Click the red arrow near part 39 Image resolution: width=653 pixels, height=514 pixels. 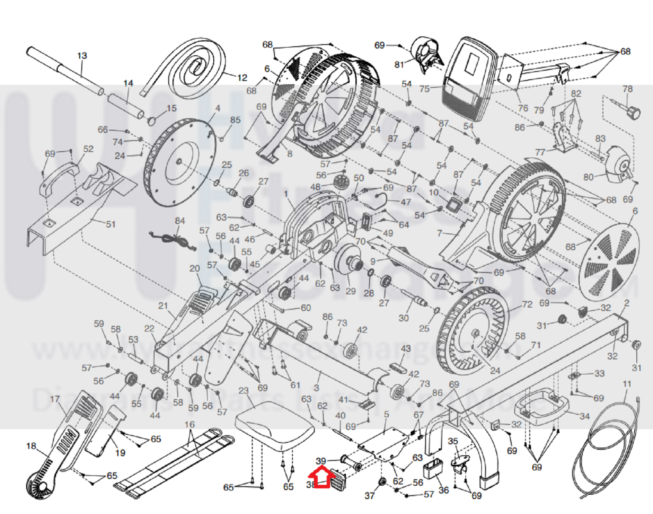click(322, 478)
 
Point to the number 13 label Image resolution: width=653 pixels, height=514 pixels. click(82, 56)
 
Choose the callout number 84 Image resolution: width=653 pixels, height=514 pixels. click(180, 221)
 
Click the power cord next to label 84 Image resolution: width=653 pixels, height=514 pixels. click(171, 240)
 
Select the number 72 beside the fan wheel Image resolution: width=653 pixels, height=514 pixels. click(527, 304)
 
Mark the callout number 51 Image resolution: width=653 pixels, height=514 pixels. click(111, 224)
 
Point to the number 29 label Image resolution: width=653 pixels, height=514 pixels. click(350, 292)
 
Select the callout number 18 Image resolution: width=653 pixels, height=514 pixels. click(31, 446)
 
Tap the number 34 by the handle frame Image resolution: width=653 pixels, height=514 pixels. click(584, 416)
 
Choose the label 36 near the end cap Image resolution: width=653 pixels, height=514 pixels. click(443, 490)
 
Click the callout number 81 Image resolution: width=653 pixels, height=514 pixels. click(399, 64)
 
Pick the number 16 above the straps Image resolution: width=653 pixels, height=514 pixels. click(189, 424)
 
